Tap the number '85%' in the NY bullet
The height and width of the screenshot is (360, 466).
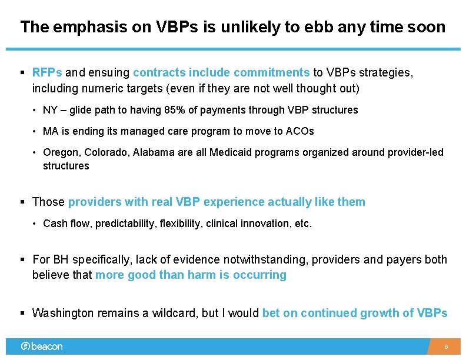click(x=171, y=110)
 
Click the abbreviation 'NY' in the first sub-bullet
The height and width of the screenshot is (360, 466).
click(x=50, y=110)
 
